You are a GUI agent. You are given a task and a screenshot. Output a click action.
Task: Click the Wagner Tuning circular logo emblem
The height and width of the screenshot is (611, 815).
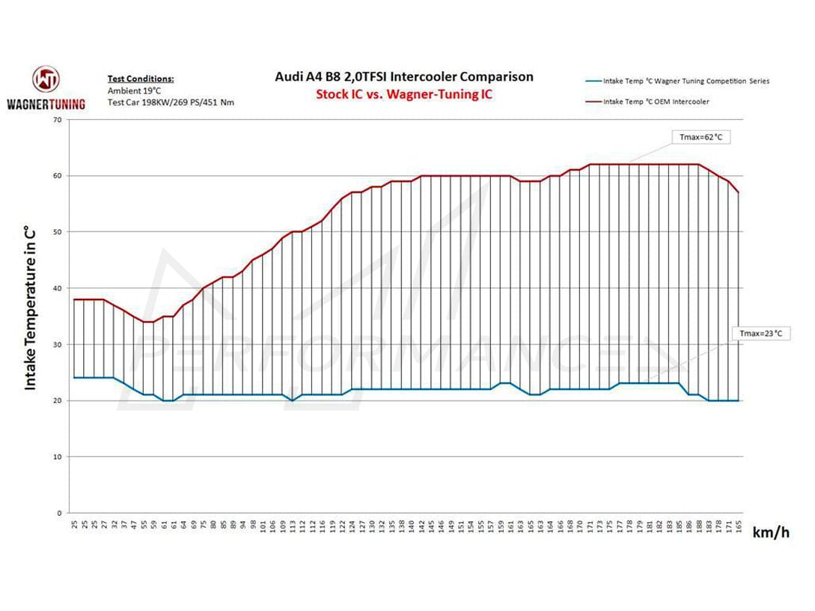pos(46,79)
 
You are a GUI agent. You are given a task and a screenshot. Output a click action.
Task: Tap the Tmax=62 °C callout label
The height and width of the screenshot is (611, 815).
pos(700,138)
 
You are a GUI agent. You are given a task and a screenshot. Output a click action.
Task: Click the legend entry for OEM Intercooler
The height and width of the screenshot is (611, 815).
pos(656,102)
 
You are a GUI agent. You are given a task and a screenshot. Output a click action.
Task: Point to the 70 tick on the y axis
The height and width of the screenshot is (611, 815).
pos(57,120)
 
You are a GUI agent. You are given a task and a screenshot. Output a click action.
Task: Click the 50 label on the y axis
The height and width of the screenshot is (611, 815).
pos(57,232)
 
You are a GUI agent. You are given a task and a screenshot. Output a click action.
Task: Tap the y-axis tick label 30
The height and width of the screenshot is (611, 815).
pos(57,344)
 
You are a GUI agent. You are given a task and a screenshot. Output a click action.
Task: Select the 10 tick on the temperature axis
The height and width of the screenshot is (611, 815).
pos(57,457)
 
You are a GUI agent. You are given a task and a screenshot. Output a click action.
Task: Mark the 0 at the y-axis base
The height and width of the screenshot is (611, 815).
pos(59,514)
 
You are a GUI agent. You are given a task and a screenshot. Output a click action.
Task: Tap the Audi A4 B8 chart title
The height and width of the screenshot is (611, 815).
pos(403,76)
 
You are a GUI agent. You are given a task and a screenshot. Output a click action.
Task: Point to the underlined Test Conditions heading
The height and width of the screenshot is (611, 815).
pos(140,79)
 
